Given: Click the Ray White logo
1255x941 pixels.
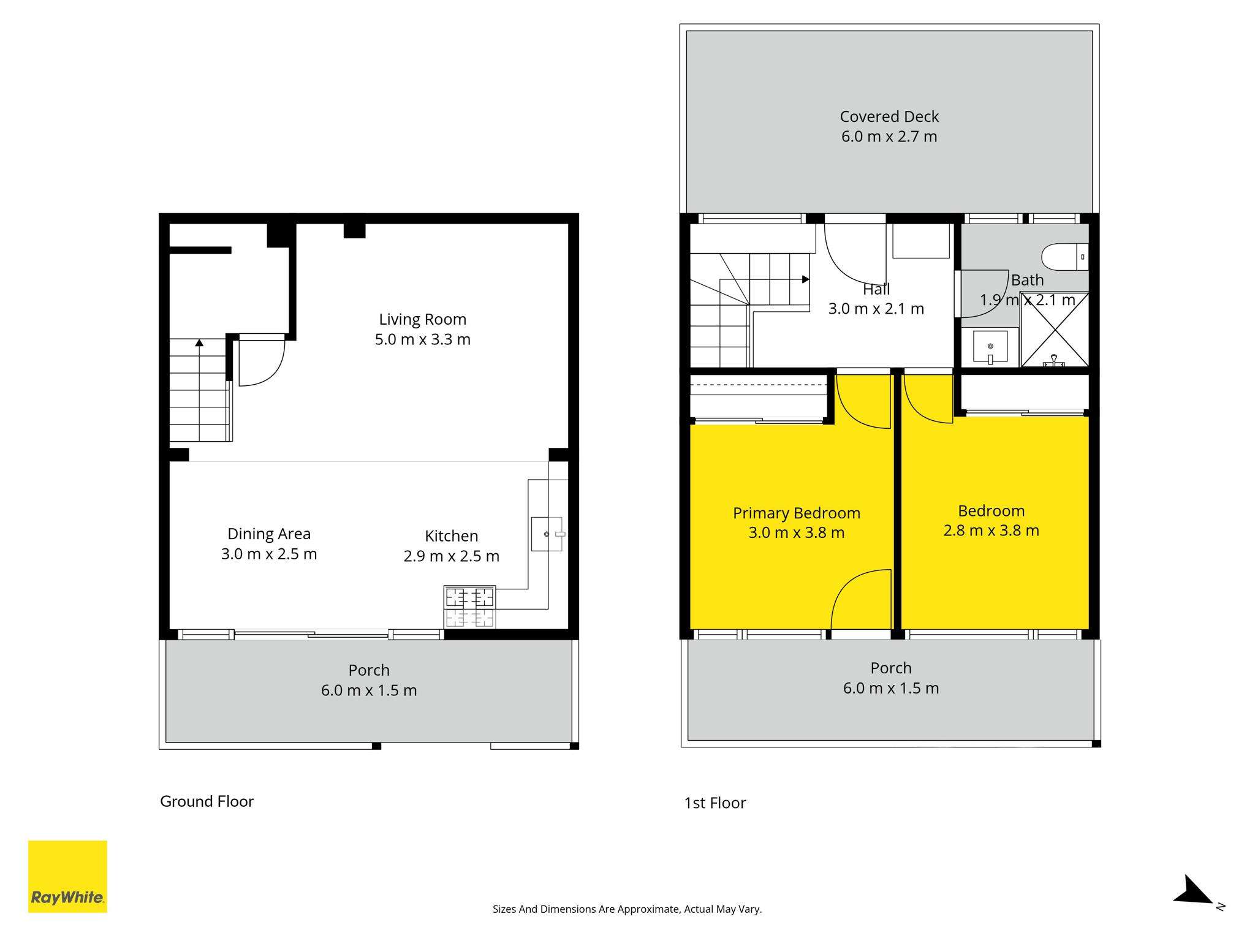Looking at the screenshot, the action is point(67,876).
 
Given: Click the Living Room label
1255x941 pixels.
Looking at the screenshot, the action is point(422,319).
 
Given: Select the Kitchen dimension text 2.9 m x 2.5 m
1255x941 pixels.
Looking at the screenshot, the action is point(452,556).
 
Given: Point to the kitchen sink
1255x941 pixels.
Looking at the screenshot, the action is point(547,534).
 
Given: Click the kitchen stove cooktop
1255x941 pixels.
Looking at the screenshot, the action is point(469,607).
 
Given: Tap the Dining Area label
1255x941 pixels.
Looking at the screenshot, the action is point(269,534).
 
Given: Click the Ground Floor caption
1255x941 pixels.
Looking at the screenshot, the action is point(207,801).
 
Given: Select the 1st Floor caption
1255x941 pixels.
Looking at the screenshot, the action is point(715,803).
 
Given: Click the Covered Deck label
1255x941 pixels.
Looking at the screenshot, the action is point(889,116).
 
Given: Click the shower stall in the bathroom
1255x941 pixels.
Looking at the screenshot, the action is point(1055,330).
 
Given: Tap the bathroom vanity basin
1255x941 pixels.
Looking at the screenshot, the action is point(990,347).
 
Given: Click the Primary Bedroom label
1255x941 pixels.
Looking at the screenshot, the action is point(797,513).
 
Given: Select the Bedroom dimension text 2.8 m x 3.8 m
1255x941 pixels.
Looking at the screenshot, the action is point(991,531).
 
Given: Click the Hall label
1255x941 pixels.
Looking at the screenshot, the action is point(876,289).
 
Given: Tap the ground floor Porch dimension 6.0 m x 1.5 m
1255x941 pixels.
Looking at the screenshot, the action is point(369,690).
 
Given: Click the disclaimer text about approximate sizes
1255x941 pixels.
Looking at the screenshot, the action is point(627,909).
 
